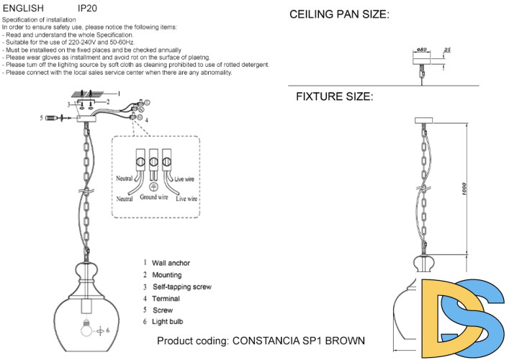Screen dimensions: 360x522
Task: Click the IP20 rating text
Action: [x=86, y=9]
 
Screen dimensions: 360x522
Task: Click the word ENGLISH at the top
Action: [x=24, y=9]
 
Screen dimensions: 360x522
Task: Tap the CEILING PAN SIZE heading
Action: [x=339, y=14]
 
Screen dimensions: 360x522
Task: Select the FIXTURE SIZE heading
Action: [x=334, y=96]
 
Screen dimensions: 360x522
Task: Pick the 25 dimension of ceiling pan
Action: [x=447, y=49]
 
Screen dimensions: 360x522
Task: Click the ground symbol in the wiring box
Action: [x=153, y=186]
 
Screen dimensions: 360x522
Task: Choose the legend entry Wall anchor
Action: [x=171, y=263]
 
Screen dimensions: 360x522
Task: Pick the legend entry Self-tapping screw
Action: [x=181, y=287]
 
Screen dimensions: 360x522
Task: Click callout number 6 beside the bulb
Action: [x=108, y=330]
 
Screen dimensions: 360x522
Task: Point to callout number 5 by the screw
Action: [x=42, y=117]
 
